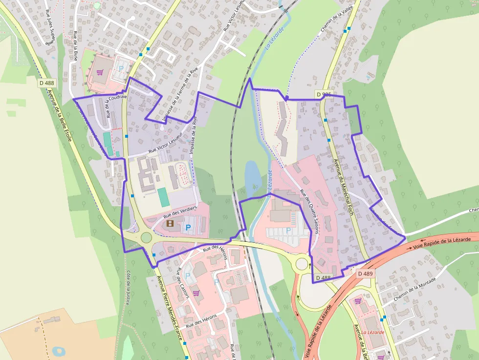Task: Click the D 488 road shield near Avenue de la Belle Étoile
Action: [x=46, y=83]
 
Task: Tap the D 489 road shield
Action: [x=365, y=274]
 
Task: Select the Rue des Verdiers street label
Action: [x=179, y=212]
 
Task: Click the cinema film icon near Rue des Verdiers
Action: [x=170, y=224]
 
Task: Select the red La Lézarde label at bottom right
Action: [x=372, y=332]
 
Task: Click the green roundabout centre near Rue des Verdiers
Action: [x=146, y=238]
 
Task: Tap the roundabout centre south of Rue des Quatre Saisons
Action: [x=302, y=264]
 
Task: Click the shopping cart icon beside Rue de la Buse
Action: [x=100, y=72]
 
